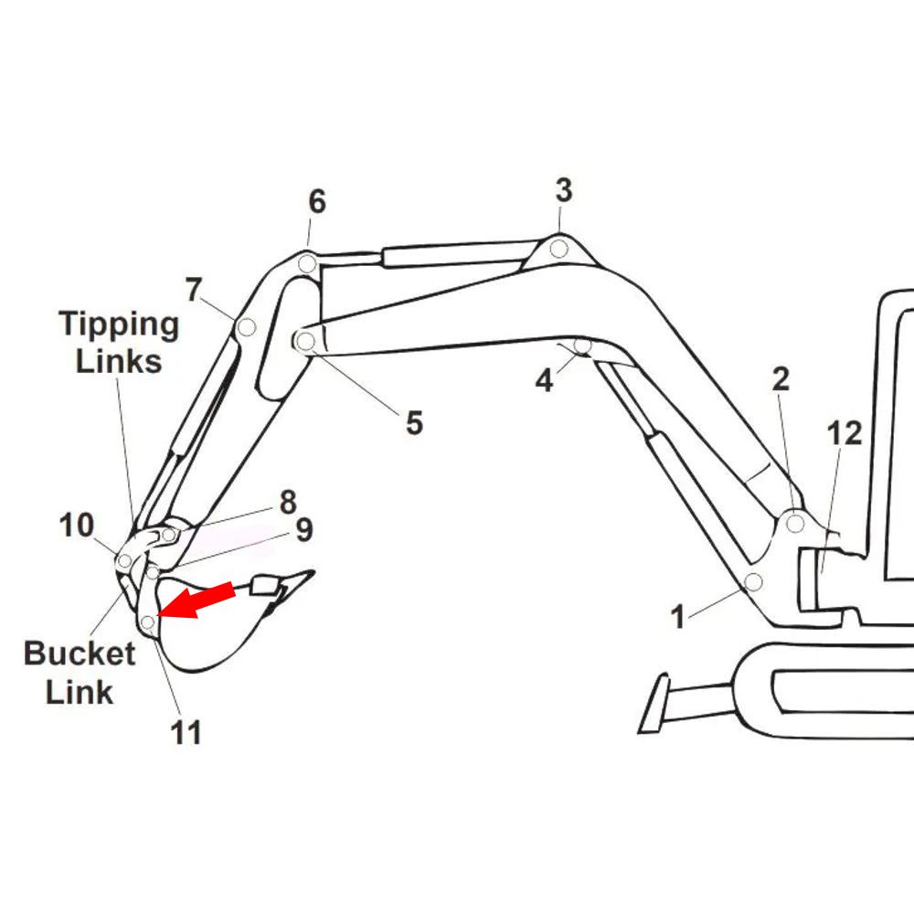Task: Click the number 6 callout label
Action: tap(317, 201)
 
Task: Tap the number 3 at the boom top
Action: tap(564, 191)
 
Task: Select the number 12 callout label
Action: tap(844, 433)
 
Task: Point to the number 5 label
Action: tap(414, 422)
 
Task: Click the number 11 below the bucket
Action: tap(186, 733)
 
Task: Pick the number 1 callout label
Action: tap(677, 617)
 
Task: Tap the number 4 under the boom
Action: tap(544, 380)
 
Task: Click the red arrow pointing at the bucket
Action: tap(196, 600)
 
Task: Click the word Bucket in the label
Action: tap(80, 654)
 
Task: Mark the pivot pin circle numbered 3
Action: tap(559, 249)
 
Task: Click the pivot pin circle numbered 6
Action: tap(307, 264)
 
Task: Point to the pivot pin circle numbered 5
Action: tap(305, 341)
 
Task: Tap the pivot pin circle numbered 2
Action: tap(795, 524)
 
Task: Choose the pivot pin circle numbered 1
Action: tap(754, 581)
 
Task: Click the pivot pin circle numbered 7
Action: tap(247, 327)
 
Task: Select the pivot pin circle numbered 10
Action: tap(124, 561)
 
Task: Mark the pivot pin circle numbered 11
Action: tap(148, 622)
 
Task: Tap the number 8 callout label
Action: tap(288, 502)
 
